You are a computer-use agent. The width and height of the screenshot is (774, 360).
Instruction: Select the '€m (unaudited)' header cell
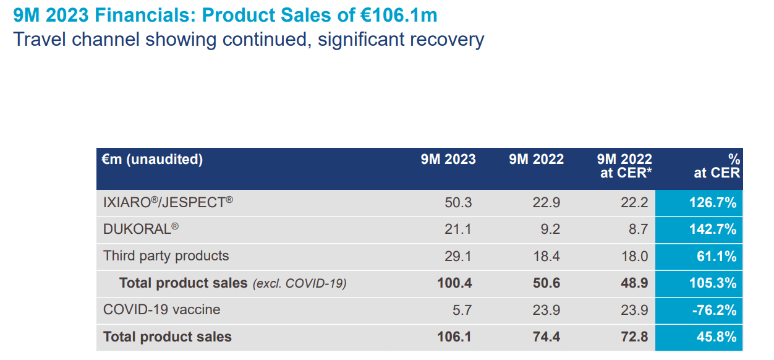152,160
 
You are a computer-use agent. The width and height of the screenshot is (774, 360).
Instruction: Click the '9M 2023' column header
448,160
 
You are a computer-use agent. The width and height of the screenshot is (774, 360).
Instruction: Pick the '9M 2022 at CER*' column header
625,166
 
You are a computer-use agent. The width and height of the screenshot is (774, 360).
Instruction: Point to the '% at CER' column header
718,166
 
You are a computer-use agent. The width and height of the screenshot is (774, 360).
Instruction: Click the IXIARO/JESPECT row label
168,202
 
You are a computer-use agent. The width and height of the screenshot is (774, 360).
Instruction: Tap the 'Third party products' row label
166,256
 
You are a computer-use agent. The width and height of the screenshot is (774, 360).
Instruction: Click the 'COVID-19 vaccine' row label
161,310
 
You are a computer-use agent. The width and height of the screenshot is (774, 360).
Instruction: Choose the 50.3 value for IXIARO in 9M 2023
457,203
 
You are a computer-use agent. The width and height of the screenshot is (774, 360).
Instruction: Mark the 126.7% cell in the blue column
712,203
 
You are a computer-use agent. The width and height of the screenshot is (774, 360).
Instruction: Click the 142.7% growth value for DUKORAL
712,229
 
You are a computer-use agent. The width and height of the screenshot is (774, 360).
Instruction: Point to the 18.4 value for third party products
546,257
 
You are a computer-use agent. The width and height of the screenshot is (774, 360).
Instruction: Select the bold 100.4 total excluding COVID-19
454,283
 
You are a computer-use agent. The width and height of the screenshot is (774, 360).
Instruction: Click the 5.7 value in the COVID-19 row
462,310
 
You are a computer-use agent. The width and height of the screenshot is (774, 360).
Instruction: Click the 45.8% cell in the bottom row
716,337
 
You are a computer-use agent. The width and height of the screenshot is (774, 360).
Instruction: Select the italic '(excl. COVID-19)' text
299,284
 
